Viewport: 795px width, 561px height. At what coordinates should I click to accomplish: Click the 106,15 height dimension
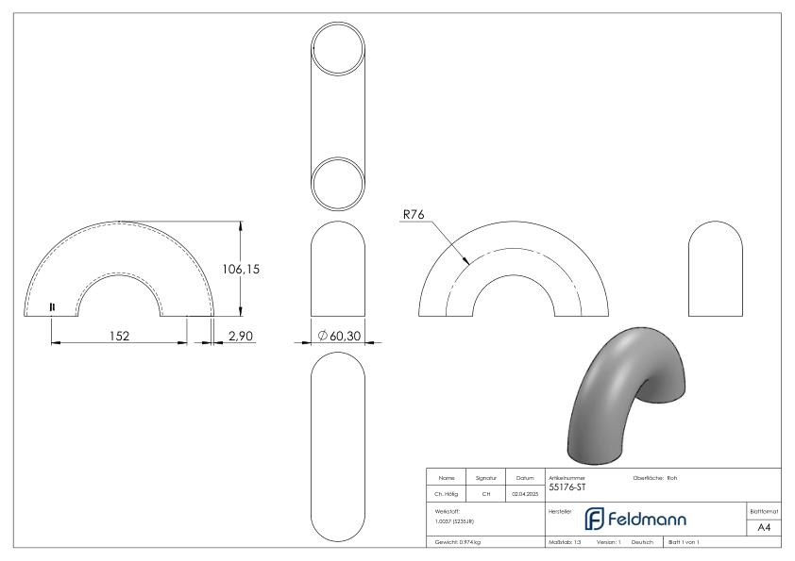click(x=240, y=270)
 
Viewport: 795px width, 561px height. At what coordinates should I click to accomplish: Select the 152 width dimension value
click(x=117, y=335)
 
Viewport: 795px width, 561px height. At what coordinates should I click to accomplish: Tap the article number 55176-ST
click(x=565, y=487)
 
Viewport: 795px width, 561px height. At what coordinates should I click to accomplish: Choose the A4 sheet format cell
click(x=765, y=529)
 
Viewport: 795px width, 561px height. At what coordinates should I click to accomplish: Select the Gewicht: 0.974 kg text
click(x=458, y=544)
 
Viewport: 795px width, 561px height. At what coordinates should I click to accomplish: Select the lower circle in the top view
click(x=337, y=184)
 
